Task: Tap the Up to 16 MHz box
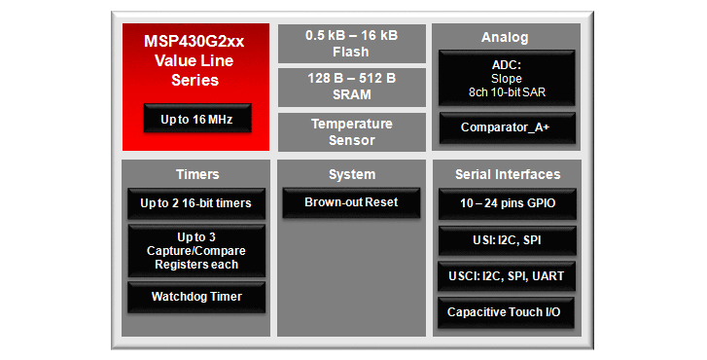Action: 195,120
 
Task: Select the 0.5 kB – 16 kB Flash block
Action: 350,44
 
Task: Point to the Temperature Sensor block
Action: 350,132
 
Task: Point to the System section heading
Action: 351,174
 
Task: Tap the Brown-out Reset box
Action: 351,202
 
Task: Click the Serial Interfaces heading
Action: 507,174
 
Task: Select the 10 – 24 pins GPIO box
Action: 507,203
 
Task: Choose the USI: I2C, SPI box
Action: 507,239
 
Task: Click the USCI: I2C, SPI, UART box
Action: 507,276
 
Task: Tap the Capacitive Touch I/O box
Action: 507,312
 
